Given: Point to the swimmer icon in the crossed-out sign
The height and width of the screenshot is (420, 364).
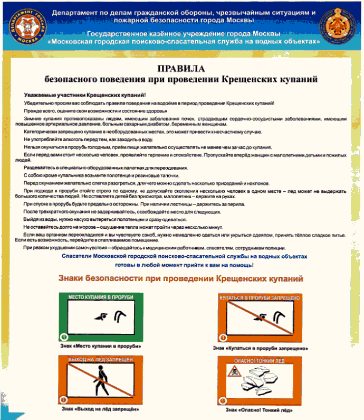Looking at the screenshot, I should [266, 316].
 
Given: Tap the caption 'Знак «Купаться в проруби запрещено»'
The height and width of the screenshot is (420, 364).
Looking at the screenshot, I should [261, 348].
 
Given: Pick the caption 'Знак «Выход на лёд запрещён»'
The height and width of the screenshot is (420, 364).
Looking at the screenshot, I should [100, 409].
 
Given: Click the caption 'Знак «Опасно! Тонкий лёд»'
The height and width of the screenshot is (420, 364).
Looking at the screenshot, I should [260, 409].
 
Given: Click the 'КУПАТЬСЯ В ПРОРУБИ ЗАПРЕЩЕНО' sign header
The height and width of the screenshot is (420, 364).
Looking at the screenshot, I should [261, 298].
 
